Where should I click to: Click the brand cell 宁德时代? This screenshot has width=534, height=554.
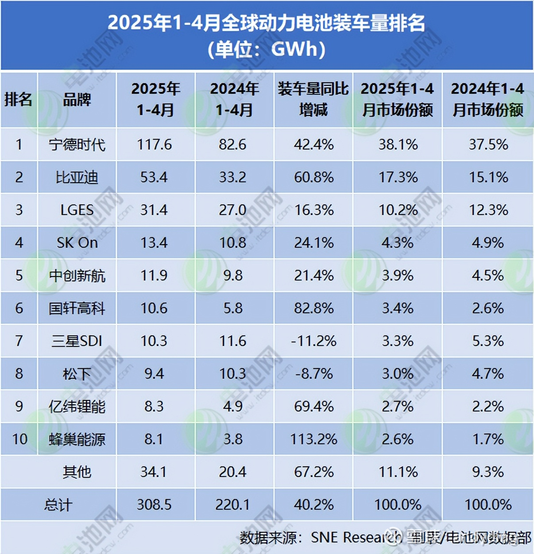77,145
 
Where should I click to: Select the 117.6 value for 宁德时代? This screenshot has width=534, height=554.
154,145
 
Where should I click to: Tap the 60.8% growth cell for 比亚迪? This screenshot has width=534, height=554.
313,177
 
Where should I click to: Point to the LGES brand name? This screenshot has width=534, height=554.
77,210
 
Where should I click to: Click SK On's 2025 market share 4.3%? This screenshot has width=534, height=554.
398,243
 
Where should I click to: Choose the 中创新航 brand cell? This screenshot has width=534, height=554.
77,276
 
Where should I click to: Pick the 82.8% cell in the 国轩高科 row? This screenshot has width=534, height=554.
313,308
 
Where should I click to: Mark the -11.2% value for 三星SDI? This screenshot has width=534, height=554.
313,341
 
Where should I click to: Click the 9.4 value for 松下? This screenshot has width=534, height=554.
154,374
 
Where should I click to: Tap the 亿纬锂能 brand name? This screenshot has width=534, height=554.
77,407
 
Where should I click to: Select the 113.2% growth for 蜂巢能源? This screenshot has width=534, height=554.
313,439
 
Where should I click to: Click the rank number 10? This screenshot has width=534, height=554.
19,439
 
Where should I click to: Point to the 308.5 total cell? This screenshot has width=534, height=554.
154,505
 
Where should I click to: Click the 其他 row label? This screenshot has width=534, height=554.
77,472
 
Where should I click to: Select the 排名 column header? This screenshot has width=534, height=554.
19,100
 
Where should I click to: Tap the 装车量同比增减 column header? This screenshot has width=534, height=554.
313,99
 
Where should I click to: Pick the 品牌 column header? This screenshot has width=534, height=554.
77,100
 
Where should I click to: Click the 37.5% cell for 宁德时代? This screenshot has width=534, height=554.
488,145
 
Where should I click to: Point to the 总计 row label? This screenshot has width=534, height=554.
58,505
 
